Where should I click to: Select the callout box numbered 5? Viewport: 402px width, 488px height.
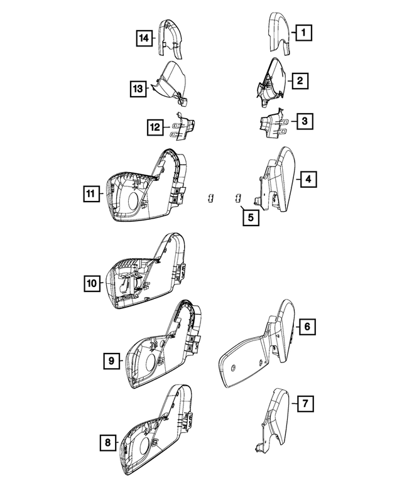pos(249,218)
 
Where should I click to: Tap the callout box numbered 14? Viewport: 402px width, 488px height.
pos(144,39)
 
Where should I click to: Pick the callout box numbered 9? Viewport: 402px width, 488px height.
pos(111,361)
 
